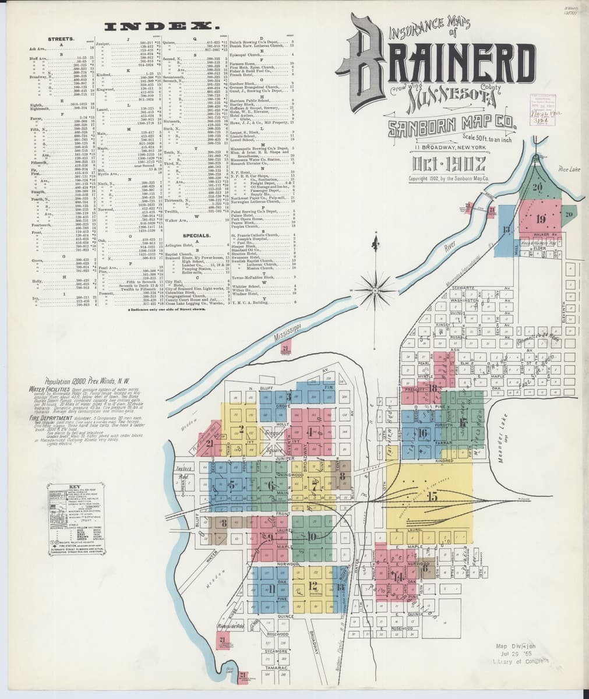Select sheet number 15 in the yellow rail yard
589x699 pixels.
click(x=432, y=496)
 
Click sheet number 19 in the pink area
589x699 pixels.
click(x=541, y=219)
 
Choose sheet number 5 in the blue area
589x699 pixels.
click(x=232, y=484)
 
